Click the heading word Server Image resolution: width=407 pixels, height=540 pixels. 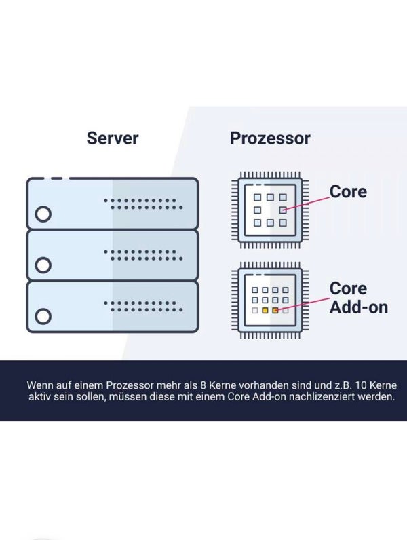(113, 138)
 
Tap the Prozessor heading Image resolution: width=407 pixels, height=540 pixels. (270, 138)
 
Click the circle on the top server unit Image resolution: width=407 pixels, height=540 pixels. (43, 214)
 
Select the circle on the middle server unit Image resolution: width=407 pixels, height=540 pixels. (43, 265)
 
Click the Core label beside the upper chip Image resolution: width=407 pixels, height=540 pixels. (348, 191)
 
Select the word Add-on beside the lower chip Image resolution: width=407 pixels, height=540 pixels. (359, 307)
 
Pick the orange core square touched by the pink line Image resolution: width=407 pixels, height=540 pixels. (275, 310)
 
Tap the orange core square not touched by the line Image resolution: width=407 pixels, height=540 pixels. (265, 310)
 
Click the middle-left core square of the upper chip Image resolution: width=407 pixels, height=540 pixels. (258, 210)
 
